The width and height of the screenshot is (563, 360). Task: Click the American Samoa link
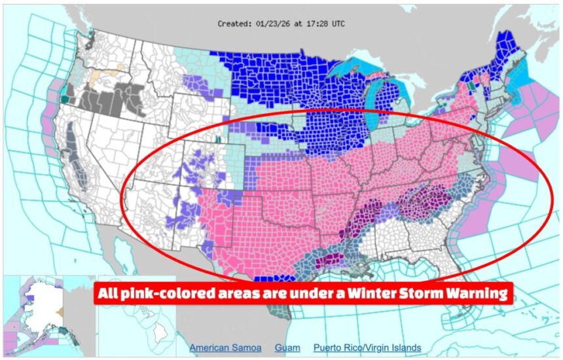click(x=225, y=348)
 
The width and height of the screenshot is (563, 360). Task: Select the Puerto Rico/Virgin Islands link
click(x=367, y=348)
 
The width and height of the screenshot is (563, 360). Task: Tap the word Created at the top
click(x=233, y=24)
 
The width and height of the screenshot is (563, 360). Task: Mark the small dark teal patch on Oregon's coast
click(x=64, y=99)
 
